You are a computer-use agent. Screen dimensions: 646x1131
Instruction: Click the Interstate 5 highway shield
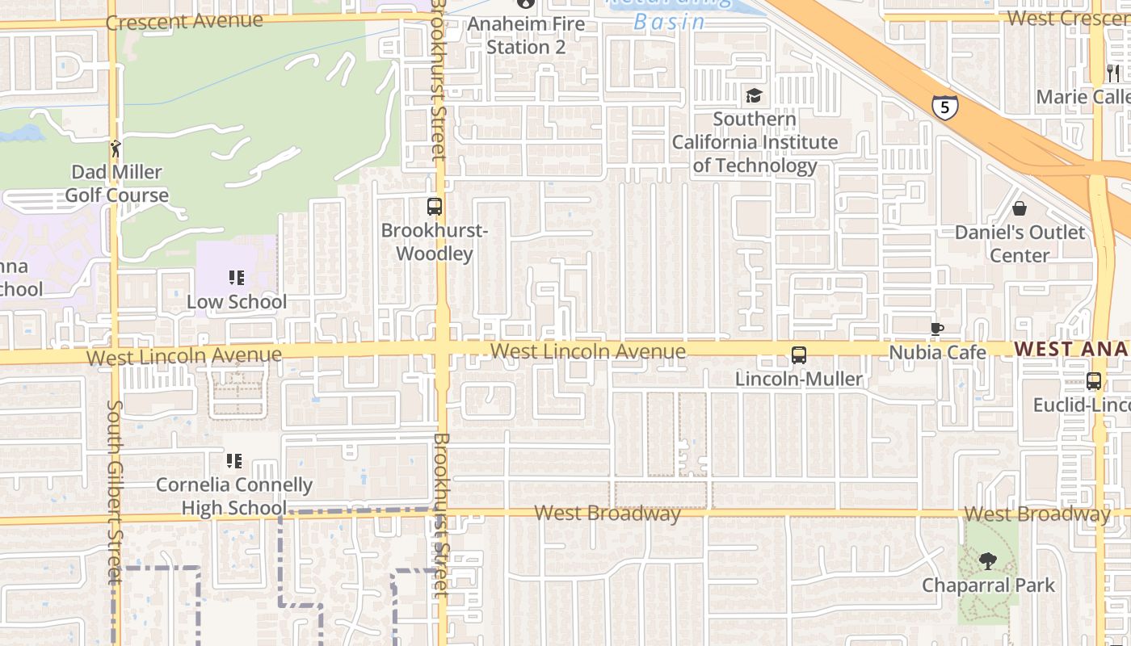944,106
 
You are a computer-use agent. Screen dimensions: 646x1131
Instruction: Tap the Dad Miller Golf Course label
116,183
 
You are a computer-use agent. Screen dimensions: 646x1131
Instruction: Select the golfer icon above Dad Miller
116,149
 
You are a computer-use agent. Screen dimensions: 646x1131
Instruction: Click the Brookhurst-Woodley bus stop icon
435,207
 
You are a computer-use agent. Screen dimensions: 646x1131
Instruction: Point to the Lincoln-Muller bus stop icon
799,355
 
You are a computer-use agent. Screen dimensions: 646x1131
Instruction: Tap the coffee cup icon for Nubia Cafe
936,329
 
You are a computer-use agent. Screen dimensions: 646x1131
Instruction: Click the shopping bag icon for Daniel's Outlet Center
1020,208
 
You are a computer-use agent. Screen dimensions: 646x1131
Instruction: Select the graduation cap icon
754,96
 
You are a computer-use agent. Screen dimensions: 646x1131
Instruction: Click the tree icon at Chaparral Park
987,561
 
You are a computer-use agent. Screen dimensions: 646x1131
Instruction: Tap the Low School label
237,302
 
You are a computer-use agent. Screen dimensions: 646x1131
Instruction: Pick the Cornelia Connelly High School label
234,496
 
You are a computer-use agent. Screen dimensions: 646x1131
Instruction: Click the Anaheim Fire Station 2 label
526,36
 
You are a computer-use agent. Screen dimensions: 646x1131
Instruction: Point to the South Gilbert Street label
115,490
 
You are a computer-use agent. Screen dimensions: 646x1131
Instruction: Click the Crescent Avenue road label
184,21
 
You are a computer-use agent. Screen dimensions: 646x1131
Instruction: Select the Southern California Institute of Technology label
755,143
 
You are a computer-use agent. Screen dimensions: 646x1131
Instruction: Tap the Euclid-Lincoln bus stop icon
1094,381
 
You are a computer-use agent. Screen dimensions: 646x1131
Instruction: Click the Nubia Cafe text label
937,353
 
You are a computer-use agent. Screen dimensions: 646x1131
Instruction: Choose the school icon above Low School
236,279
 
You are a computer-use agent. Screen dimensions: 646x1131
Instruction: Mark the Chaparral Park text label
988,585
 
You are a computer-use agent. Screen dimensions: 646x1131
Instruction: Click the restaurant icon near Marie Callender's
1113,73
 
